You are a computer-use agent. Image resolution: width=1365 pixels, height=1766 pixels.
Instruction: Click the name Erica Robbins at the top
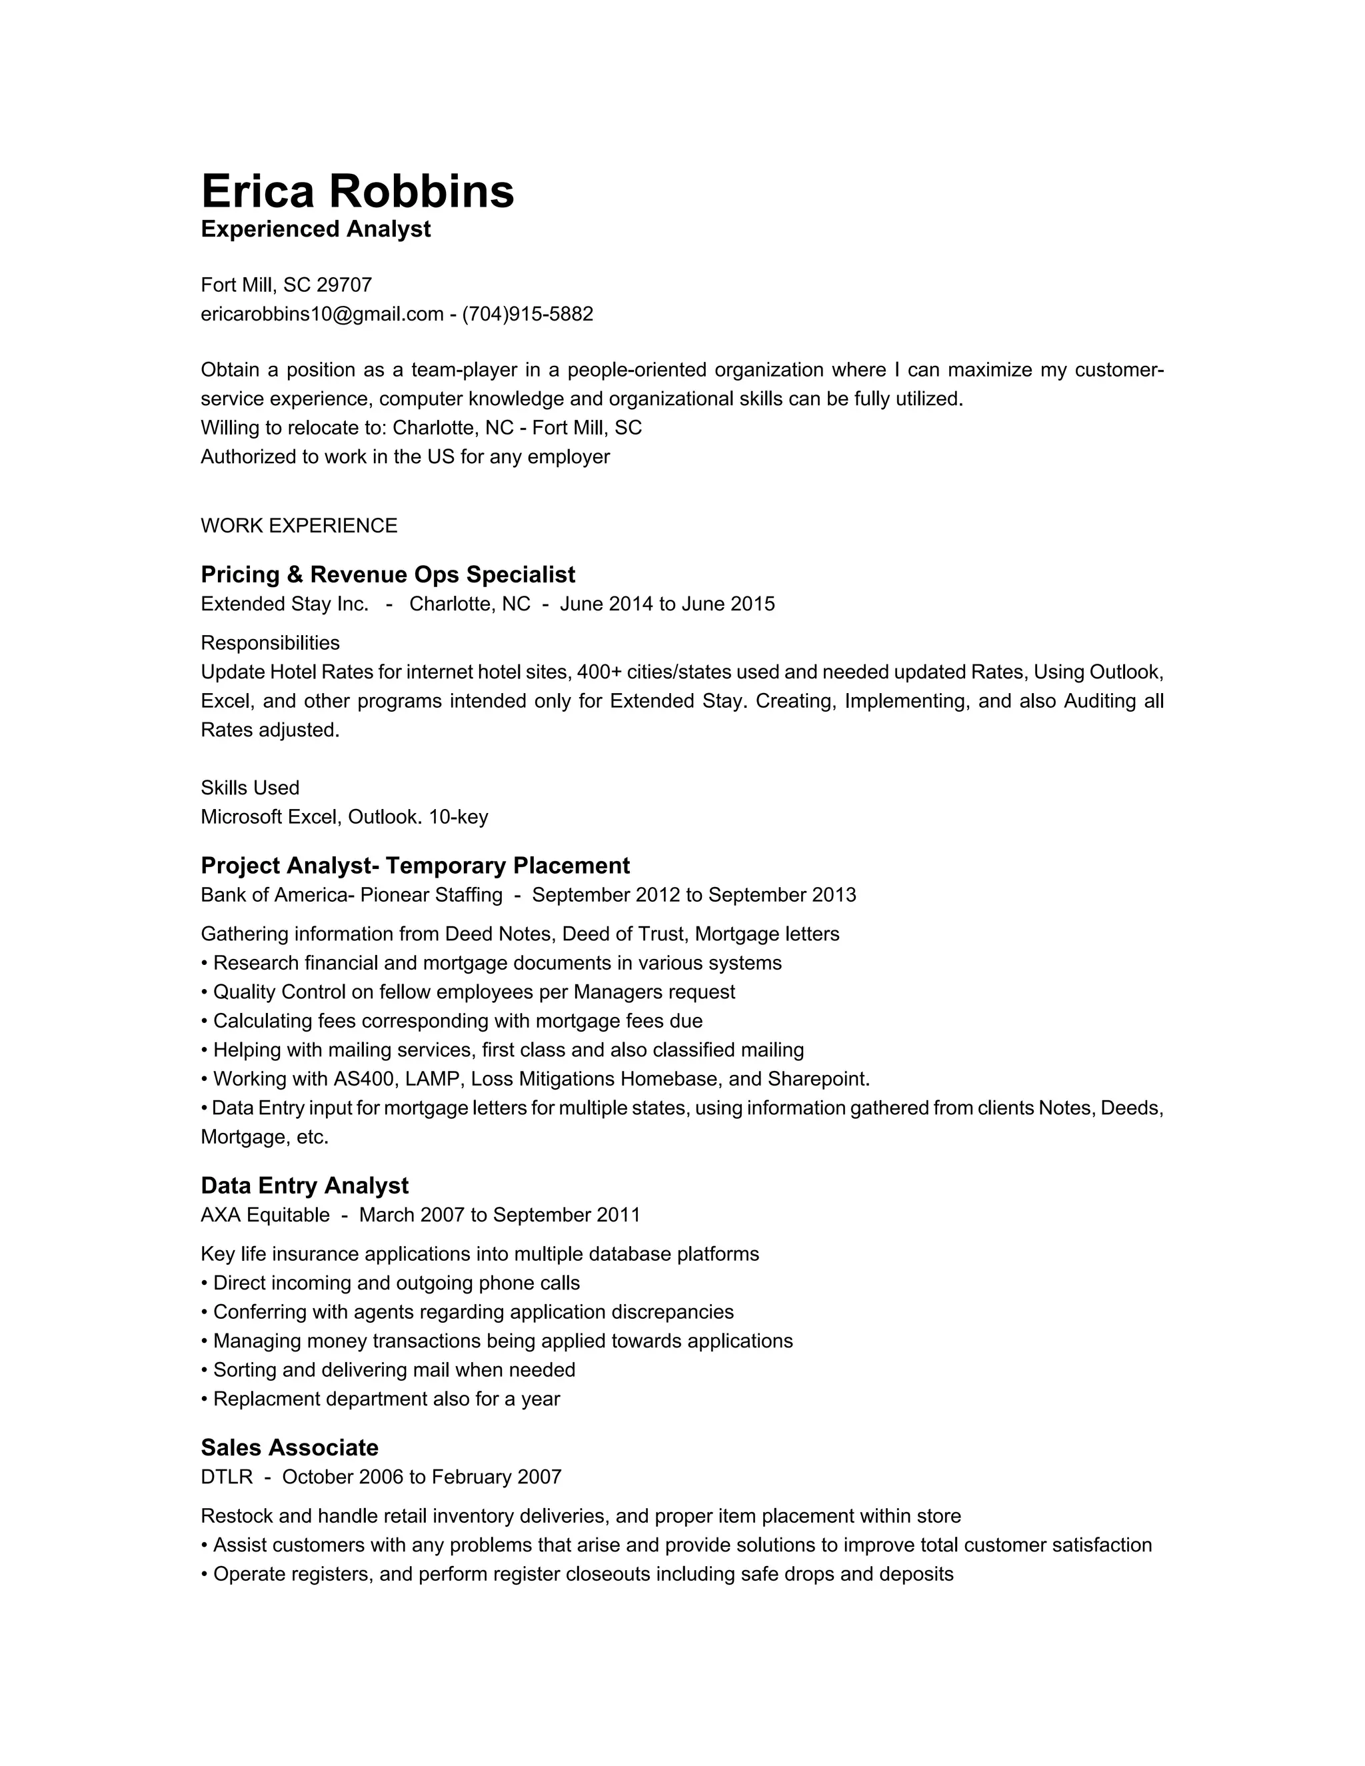click(357, 192)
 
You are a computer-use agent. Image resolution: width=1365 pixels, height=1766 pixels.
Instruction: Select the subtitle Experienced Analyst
click(315, 230)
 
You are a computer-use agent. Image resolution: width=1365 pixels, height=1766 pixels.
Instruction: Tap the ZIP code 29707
click(344, 285)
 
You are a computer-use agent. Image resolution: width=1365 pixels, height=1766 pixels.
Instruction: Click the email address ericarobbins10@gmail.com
click(322, 315)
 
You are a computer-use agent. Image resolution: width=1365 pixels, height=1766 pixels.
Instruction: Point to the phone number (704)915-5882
click(527, 315)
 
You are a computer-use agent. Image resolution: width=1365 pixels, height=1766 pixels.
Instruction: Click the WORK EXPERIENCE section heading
click(299, 526)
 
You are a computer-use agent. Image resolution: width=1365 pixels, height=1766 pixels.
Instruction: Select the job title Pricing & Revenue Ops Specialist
click(387, 575)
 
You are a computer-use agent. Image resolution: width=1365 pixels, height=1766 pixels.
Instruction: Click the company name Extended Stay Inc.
click(284, 605)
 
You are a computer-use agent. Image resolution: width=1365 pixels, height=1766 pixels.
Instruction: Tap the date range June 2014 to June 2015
click(667, 605)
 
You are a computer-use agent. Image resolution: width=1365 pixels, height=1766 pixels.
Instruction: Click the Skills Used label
click(250, 788)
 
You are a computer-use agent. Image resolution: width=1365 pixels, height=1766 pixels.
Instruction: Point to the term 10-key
click(458, 818)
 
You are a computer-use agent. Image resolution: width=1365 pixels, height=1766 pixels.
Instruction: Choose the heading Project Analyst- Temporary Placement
click(415, 866)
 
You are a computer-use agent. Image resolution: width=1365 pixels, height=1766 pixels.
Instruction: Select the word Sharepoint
click(818, 1080)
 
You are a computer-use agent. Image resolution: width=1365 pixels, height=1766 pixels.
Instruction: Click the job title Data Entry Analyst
click(304, 1186)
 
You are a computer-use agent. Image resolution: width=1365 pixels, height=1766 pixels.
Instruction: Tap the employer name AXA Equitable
click(265, 1216)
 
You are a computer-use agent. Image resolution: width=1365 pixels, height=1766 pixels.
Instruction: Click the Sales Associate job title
click(289, 1448)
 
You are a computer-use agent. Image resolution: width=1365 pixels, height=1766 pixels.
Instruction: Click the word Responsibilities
click(270, 644)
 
